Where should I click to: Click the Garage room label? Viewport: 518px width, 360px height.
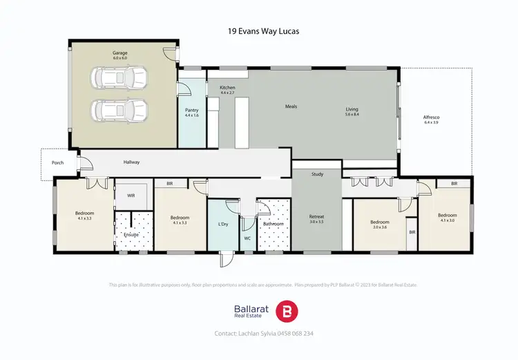120,53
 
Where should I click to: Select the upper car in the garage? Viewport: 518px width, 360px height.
120,79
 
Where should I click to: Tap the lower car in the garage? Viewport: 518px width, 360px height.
120,109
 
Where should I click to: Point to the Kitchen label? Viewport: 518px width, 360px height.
228,88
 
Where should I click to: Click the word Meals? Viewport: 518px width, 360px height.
292,106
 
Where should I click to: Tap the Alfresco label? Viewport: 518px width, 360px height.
432,117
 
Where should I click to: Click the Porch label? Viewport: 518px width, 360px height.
57,163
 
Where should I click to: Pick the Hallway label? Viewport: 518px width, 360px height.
131,162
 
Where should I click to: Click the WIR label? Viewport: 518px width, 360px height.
131,196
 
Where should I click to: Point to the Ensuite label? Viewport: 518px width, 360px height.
131,234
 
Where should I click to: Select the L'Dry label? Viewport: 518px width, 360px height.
223,224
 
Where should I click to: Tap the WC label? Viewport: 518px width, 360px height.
247,238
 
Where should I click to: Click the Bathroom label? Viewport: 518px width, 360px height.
273,224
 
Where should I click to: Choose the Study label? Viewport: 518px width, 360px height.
317,174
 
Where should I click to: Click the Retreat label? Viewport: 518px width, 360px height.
317,217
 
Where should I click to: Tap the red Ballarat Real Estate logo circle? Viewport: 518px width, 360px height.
286,311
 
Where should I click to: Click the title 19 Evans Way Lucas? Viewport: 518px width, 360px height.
259,31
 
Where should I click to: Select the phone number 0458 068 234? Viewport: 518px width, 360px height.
294,333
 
